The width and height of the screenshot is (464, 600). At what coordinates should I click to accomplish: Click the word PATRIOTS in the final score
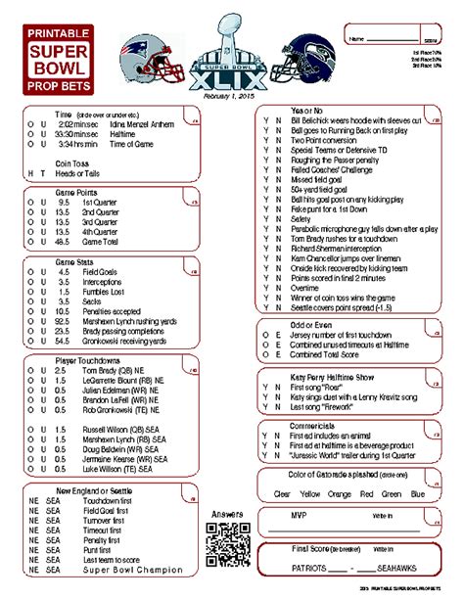coord(302,568)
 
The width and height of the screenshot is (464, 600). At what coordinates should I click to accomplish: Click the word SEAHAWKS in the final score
coord(399,568)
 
